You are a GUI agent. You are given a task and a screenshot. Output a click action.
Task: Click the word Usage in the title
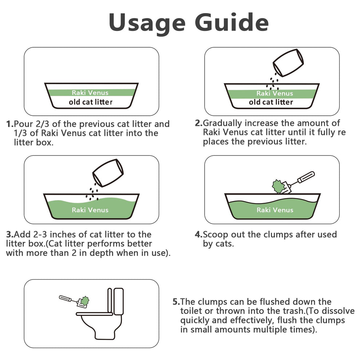(x=145, y=23)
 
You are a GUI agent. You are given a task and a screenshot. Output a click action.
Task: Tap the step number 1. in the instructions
(x=10, y=124)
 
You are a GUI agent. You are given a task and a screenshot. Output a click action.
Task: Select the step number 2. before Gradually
(x=199, y=123)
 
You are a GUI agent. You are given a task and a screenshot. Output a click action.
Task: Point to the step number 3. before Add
(x=10, y=234)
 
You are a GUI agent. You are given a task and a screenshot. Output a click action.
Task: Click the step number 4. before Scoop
(x=199, y=234)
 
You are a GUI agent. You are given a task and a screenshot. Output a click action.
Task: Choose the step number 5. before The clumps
(x=176, y=302)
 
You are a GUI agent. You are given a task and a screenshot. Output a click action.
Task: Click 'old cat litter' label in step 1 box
(x=91, y=102)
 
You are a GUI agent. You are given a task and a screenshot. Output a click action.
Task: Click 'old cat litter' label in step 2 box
(x=271, y=102)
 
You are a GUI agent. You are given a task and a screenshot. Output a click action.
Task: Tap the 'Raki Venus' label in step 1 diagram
(x=90, y=93)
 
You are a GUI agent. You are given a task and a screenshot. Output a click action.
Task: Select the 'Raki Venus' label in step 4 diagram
(x=274, y=210)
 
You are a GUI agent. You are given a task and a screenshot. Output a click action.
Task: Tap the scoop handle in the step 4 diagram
(x=304, y=178)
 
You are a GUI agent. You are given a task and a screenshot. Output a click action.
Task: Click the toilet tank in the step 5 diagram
(x=119, y=302)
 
